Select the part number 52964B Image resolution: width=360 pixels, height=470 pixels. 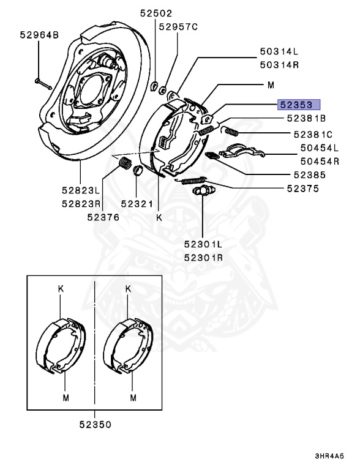pyautogui.click(x=38, y=35)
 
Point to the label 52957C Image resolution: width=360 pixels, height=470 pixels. pyautogui.click(x=178, y=27)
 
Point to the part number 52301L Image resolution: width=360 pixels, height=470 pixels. pyautogui.click(x=203, y=244)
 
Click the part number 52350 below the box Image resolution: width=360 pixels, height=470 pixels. pyautogui.click(x=95, y=422)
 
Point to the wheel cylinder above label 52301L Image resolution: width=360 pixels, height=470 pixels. pyautogui.click(x=201, y=193)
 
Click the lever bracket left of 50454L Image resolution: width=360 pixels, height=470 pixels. pyautogui.click(x=239, y=151)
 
